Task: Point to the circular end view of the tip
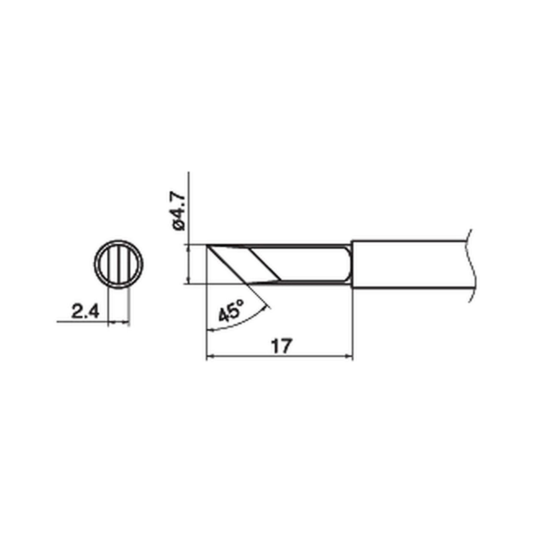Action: point(119,264)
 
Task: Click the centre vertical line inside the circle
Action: point(119,264)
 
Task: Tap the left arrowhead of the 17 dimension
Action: point(209,357)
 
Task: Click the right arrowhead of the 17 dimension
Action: point(350,357)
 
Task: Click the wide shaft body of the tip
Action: point(408,264)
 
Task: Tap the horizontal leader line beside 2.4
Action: point(80,321)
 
